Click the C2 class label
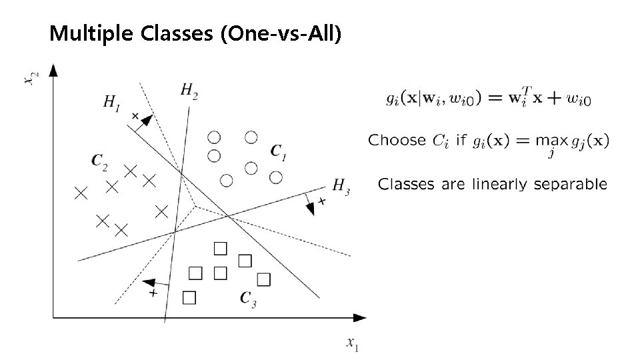point(99,161)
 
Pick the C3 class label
point(248,300)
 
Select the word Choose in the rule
point(397,140)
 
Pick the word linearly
point(501,184)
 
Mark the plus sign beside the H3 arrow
point(321,201)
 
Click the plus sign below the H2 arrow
point(153,293)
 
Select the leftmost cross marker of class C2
point(81,193)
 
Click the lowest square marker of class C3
point(189,297)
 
